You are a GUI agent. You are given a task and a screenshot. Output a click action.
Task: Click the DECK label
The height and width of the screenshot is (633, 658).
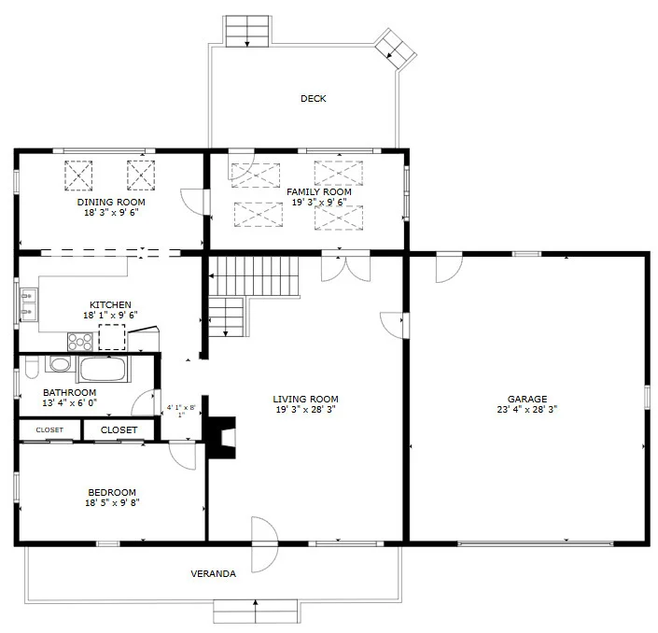coord(313,99)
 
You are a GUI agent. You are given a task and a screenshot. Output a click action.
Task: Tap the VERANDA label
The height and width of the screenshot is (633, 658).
coord(213,574)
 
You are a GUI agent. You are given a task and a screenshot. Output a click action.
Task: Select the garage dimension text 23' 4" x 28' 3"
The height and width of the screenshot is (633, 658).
coord(527,409)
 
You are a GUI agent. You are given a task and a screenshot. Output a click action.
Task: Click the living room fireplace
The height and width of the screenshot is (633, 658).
coord(220,437)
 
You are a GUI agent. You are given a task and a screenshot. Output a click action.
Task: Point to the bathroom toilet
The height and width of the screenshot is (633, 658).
coord(31,367)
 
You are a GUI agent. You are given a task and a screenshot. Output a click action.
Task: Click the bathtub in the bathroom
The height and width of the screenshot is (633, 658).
coord(104,369)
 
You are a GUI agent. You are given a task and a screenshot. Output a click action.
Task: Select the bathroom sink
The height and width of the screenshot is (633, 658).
coord(60,363)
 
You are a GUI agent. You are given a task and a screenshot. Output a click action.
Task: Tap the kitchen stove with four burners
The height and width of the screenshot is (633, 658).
coord(79,342)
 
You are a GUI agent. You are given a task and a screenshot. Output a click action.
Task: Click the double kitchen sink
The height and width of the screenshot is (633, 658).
coord(29,305)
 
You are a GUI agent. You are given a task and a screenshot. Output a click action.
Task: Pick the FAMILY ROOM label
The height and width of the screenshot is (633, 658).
coord(319,192)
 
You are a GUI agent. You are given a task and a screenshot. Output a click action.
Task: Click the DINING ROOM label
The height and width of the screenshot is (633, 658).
coord(111,203)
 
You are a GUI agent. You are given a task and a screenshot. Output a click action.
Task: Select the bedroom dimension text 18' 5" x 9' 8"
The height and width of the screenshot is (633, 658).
coord(112,502)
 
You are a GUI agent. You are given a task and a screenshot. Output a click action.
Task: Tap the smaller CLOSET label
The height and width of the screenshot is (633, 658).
coord(49,429)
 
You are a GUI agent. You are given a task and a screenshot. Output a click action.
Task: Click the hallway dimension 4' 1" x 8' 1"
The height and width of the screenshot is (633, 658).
coord(181,411)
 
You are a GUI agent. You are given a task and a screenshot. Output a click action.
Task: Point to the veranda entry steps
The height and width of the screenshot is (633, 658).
coord(255,612)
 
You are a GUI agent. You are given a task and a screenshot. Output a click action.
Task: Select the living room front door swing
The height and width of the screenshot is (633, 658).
coord(264,544)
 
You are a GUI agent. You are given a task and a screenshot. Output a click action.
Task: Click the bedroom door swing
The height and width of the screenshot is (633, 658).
coord(183,456)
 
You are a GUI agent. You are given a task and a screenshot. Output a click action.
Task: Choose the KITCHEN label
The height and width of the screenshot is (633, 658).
coord(110,305)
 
